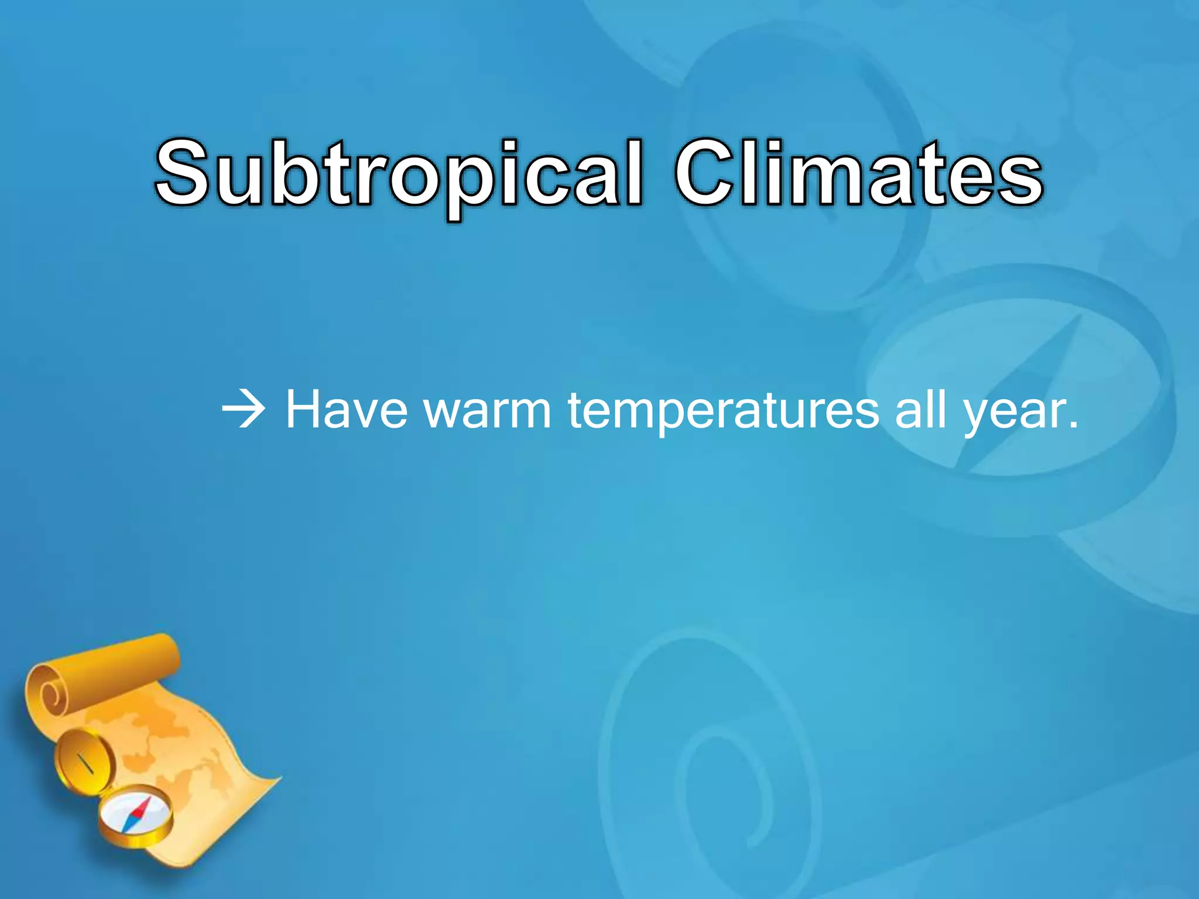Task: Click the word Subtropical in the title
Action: coord(398,176)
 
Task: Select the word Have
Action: coord(346,410)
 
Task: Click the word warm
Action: coord(487,410)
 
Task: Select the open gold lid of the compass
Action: coord(82,761)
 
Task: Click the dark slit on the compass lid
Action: coord(85,763)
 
